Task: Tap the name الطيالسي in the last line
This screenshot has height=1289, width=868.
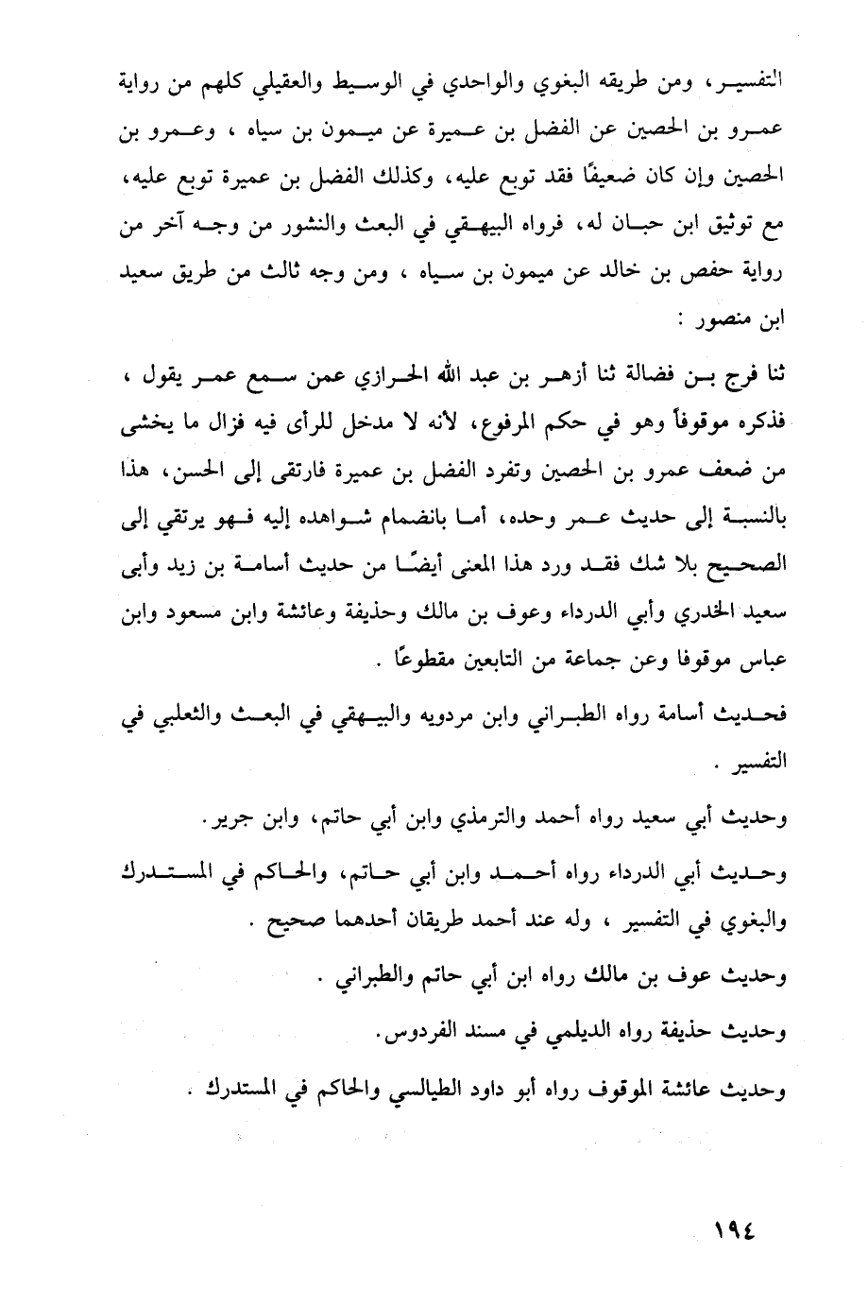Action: coord(405,1088)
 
